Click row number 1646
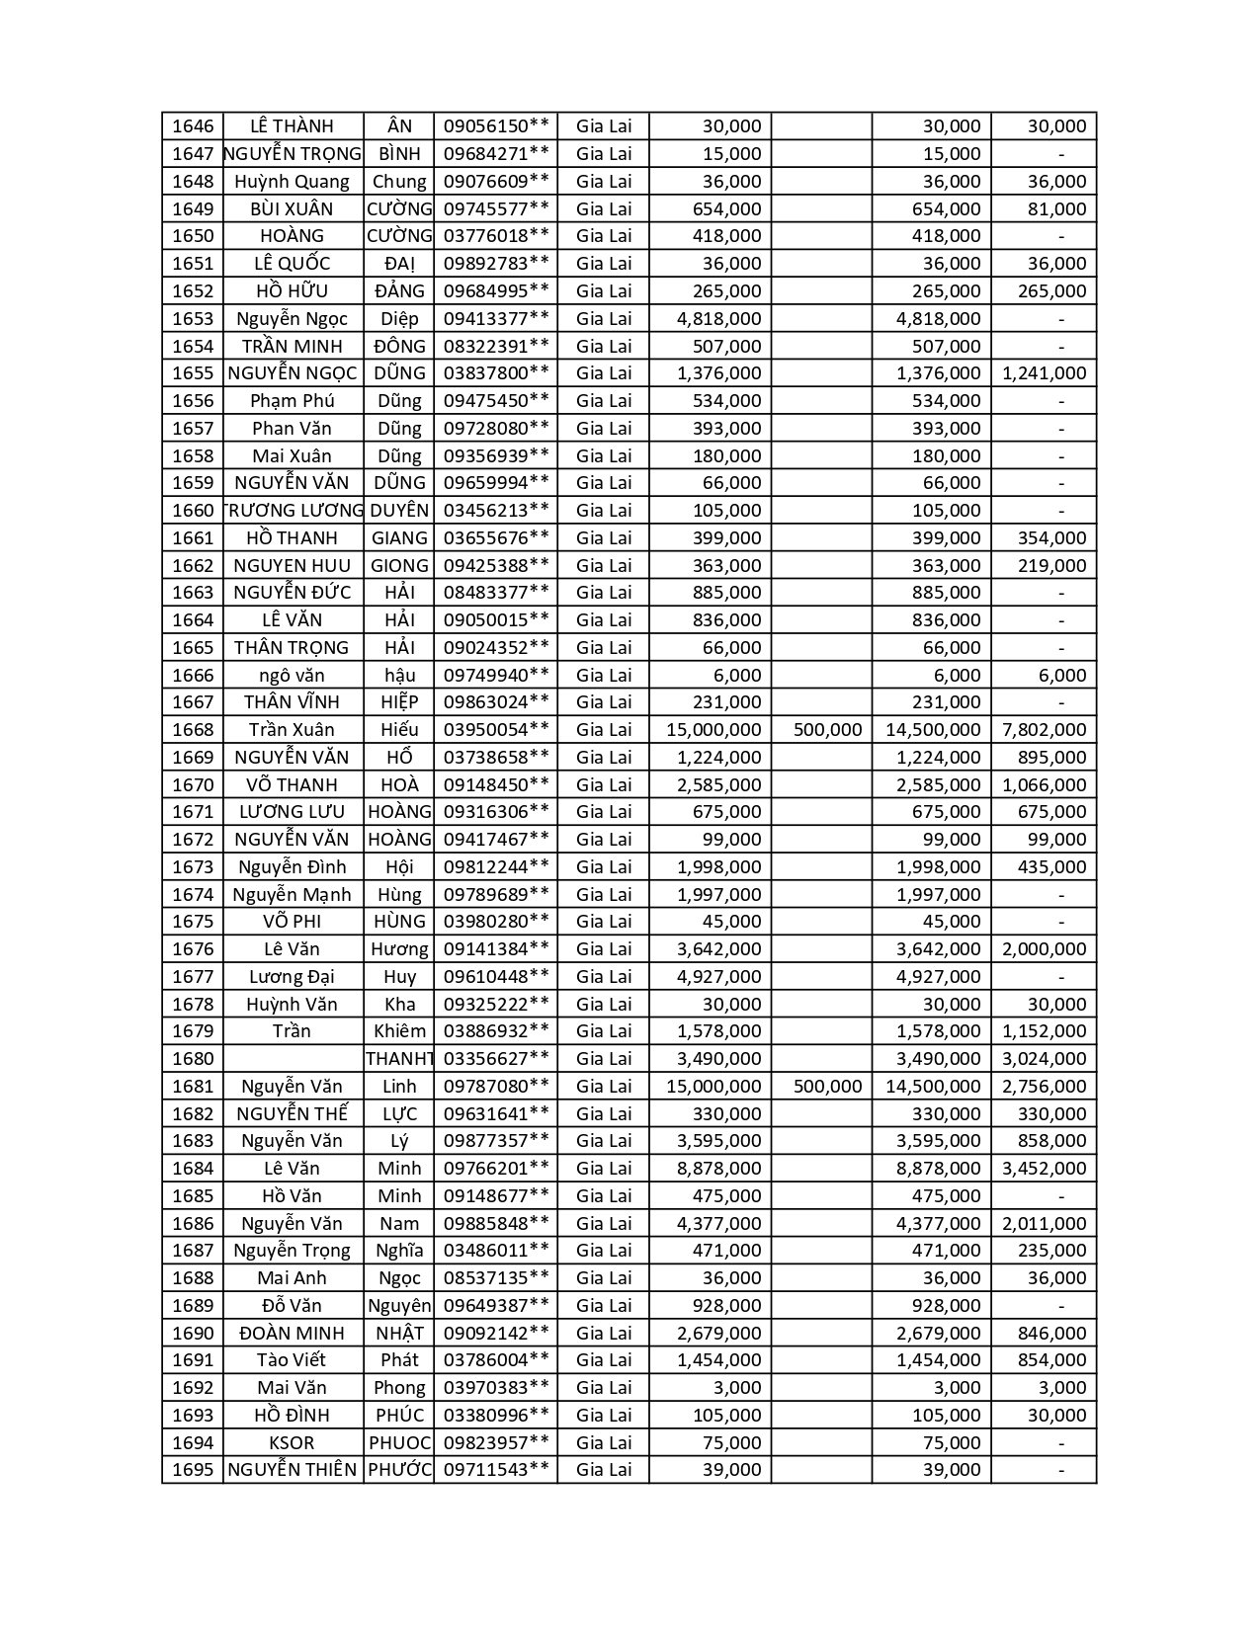coord(193,126)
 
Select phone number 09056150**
coord(495,126)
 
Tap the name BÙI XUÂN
coord(292,208)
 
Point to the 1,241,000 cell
coord(1044,373)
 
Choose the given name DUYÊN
coord(399,511)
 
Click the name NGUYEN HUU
coord(292,565)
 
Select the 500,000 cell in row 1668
coord(827,730)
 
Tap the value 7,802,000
coord(1044,730)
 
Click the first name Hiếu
coord(399,730)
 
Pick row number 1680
coord(193,1059)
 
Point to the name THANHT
coord(399,1059)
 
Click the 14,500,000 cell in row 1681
coord(933,1087)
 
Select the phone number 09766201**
coord(495,1169)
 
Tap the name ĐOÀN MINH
coord(292,1333)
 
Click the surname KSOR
coord(292,1442)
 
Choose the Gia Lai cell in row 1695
coord(603,1470)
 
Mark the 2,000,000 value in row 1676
coord(1044,949)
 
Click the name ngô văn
coord(292,676)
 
